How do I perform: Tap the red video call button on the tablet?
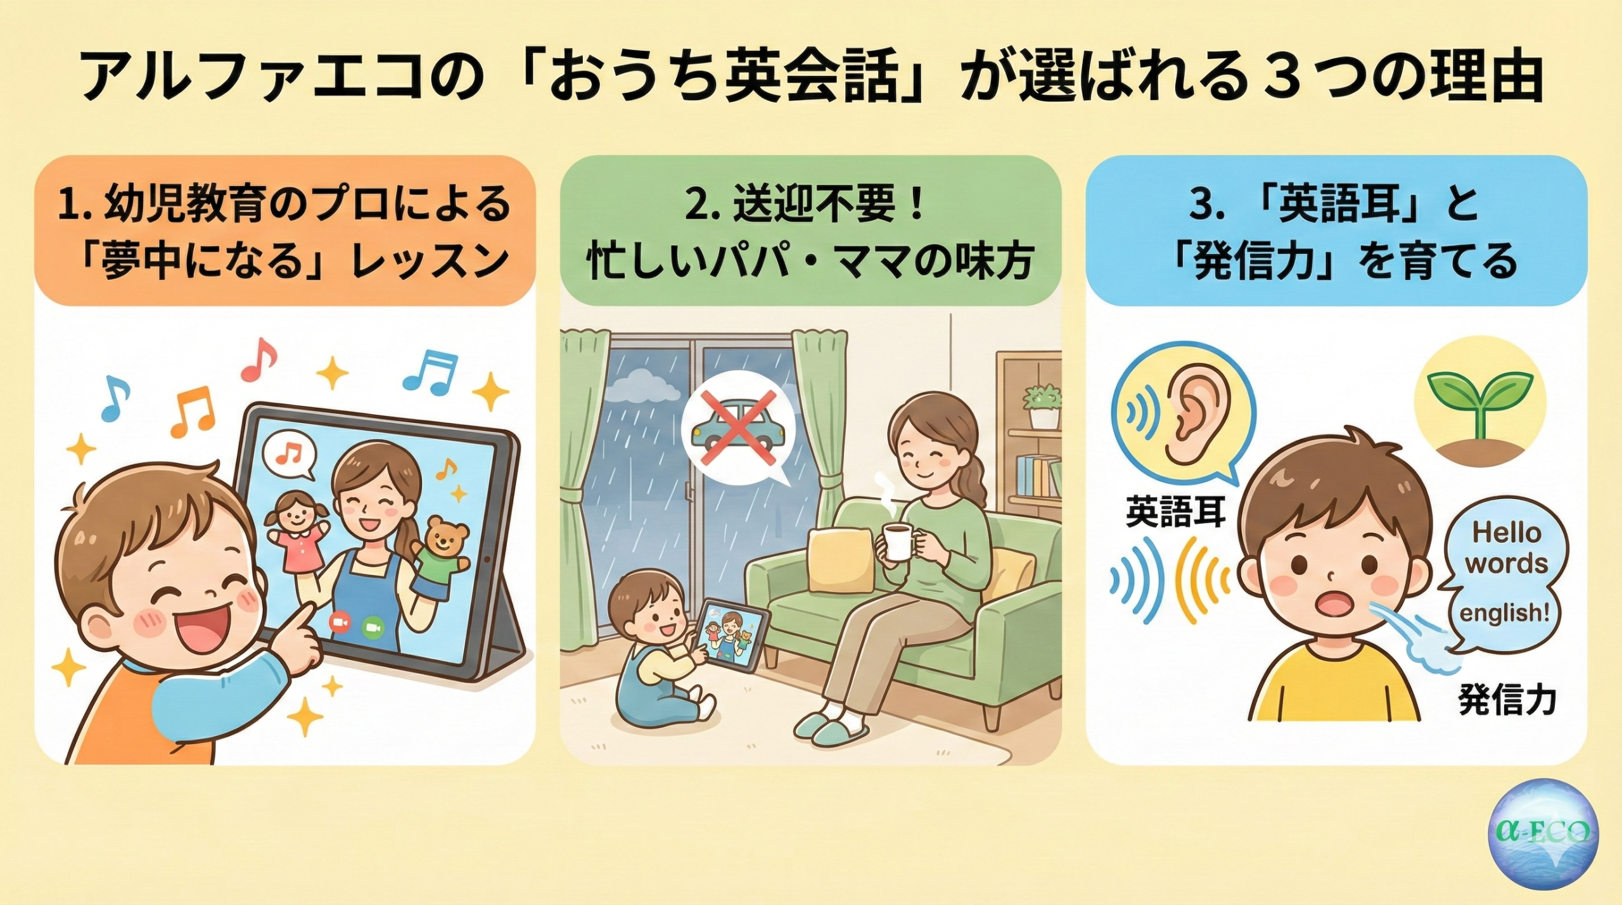tap(340, 624)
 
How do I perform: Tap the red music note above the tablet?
tap(260, 358)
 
